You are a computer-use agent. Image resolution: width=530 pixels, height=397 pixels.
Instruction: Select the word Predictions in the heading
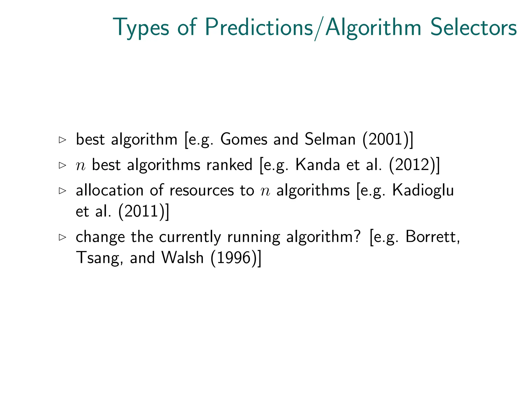(259, 27)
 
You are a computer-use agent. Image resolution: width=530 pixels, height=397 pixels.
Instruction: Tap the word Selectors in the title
(473, 27)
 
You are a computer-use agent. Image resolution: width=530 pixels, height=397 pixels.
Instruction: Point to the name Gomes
(244, 140)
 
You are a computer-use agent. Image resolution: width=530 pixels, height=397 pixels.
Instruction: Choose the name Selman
(330, 140)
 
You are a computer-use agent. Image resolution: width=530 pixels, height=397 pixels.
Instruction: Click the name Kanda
(318, 165)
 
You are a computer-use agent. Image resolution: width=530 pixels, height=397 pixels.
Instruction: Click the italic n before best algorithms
(80, 166)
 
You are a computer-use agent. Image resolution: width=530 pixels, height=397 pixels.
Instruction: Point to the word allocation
(109, 190)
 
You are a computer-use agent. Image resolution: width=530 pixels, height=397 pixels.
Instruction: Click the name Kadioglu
(423, 191)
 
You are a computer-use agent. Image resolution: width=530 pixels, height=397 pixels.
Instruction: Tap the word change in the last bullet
(100, 237)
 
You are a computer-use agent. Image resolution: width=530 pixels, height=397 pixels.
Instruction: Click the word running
(254, 237)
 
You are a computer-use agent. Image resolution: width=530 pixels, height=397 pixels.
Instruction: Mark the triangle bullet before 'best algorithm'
(62, 140)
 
